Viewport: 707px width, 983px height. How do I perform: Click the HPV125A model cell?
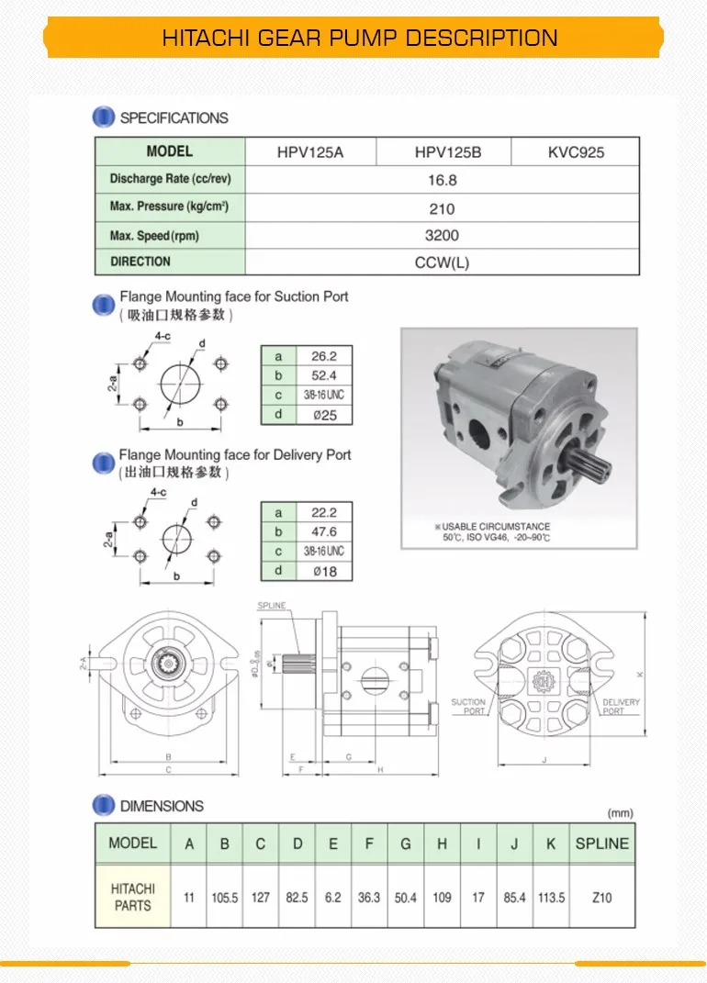point(309,152)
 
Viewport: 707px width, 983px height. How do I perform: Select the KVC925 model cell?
point(576,152)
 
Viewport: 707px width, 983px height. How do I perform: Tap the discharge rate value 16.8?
point(442,181)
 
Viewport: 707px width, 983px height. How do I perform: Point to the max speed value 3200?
point(442,236)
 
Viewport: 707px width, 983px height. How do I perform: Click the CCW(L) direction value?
point(442,263)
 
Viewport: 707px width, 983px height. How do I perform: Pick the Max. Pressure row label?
point(169,207)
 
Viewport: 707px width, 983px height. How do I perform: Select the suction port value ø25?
point(324,416)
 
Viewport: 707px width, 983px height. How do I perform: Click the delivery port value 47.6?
point(324,531)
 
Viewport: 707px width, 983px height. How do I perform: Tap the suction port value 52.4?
point(324,375)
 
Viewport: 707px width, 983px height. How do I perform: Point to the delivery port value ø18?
point(324,572)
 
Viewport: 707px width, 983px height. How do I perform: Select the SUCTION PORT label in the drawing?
point(468,707)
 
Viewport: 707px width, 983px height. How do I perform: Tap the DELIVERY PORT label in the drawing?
point(622,707)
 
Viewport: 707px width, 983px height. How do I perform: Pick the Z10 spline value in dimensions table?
point(601,897)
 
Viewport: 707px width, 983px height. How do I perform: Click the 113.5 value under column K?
point(551,897)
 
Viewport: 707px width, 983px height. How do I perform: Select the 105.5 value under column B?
point(224,897)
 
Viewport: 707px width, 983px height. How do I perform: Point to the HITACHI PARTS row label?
point(133,897)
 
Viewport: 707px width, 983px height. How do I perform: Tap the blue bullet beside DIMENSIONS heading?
point(105,806)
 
